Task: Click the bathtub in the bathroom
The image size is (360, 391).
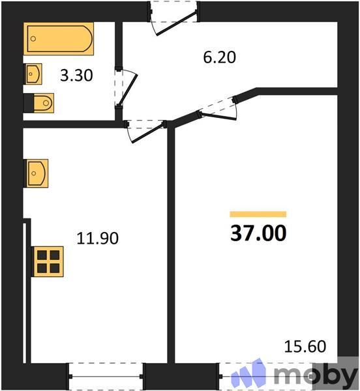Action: (x=59, y=41)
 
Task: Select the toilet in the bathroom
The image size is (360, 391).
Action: (x=39, y=103)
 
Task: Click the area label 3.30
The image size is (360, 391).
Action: (x=76, y=75)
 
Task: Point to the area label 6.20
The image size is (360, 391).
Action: (x=218, y=57)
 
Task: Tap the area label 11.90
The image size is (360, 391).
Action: (x=98, y=239)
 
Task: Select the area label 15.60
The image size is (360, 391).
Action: (x=305, y=346)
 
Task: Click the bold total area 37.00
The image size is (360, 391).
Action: (x=258, y=233)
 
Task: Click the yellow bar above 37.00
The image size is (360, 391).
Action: (x=258, y=214)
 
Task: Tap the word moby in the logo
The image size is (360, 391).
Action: (x=315, y=375)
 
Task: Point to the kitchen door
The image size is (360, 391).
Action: (x=145, y=127)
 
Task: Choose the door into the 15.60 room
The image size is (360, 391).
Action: (x=218, y=107)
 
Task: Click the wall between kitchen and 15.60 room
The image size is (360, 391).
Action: (x=171, y=248)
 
